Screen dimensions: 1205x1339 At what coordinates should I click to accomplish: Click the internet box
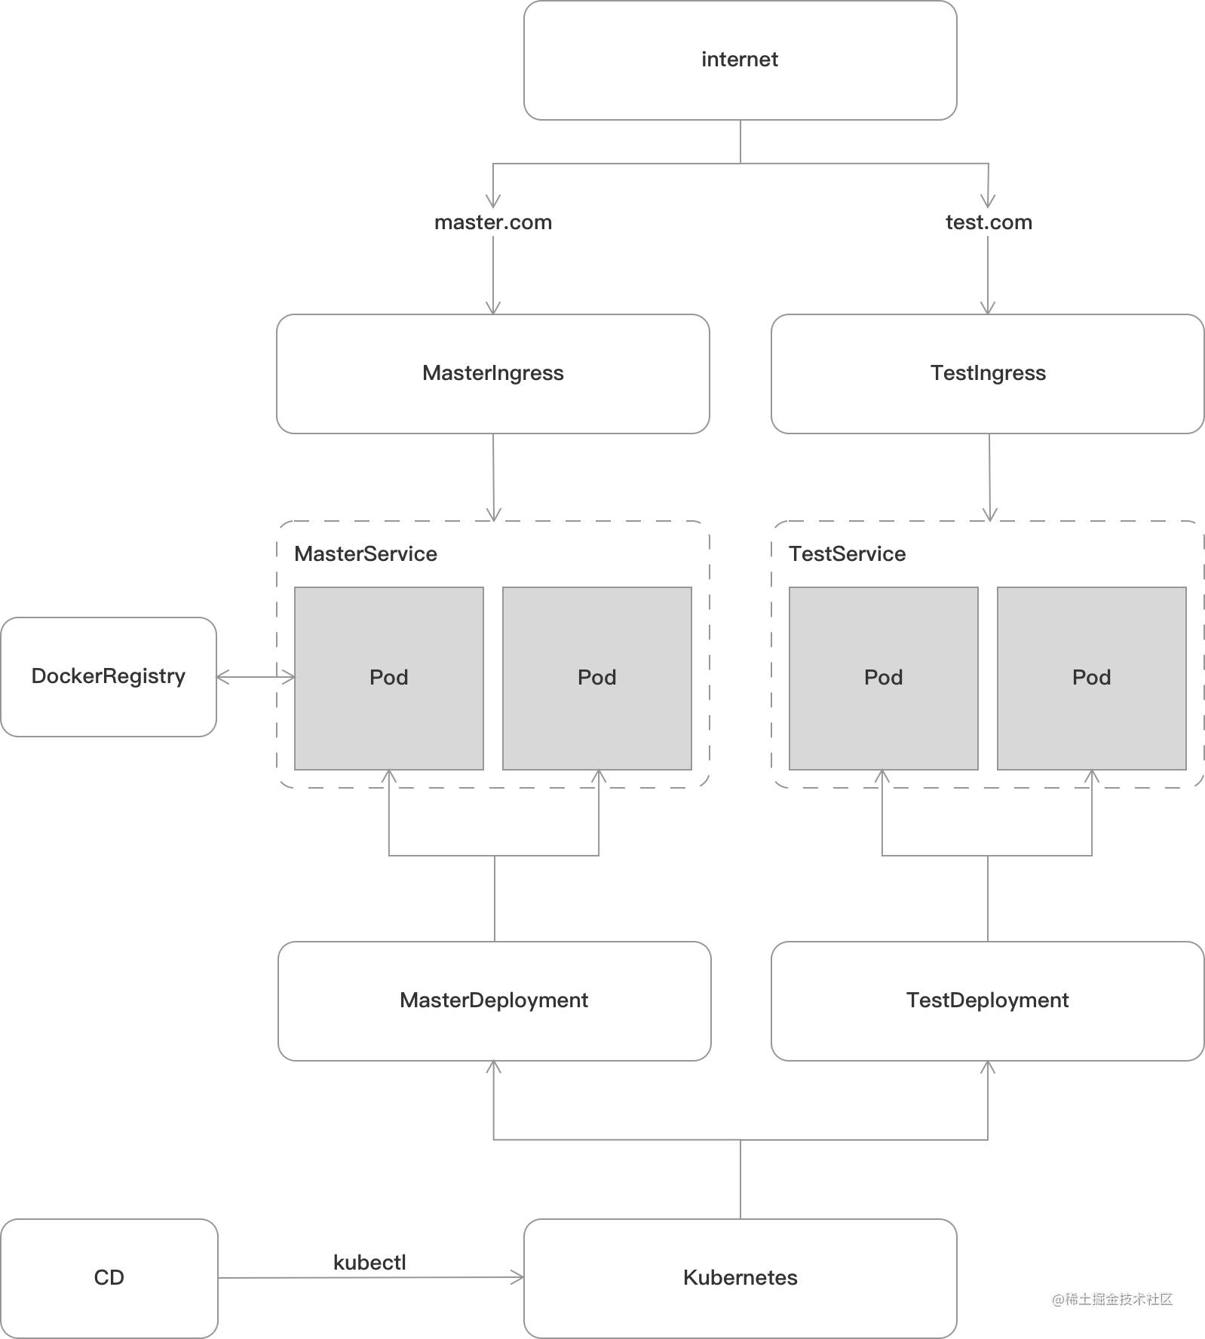pos(740,60)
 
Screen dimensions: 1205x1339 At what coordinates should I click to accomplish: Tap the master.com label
pos(493,222)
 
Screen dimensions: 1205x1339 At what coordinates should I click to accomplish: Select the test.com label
pos(989,222)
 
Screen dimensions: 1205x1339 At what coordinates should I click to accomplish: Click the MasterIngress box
pos(493,374)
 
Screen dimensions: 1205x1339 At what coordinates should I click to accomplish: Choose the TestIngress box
pos(988,374)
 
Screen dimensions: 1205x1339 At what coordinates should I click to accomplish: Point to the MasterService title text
pos(366,554)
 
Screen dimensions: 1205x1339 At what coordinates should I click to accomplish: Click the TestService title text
pos(848,554)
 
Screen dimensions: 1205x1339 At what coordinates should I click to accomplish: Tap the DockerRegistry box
pos(109,677)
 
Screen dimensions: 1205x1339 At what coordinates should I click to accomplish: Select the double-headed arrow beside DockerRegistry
pos(256,677)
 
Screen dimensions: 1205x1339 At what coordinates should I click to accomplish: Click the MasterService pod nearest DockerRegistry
pos(389,679)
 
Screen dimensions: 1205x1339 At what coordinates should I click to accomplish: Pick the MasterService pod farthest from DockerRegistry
pos(597,679)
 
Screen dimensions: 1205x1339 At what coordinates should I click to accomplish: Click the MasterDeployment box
pos(495,1001)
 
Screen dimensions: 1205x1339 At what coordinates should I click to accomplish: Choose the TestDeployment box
pos(988,1001)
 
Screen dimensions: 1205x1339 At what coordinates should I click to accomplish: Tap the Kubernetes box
pos(740,1279)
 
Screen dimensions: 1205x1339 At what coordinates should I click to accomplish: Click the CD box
pos(109,1279)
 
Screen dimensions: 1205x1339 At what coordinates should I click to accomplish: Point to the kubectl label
pos(369,1263)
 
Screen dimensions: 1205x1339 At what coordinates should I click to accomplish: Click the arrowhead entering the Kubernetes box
pos(518,1277)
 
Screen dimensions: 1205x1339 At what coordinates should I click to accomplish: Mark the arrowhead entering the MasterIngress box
pos(493,308)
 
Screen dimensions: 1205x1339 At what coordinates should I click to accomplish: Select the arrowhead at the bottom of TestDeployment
pos(988,1068)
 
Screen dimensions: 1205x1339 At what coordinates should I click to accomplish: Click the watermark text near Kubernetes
pos(1112,1299)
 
